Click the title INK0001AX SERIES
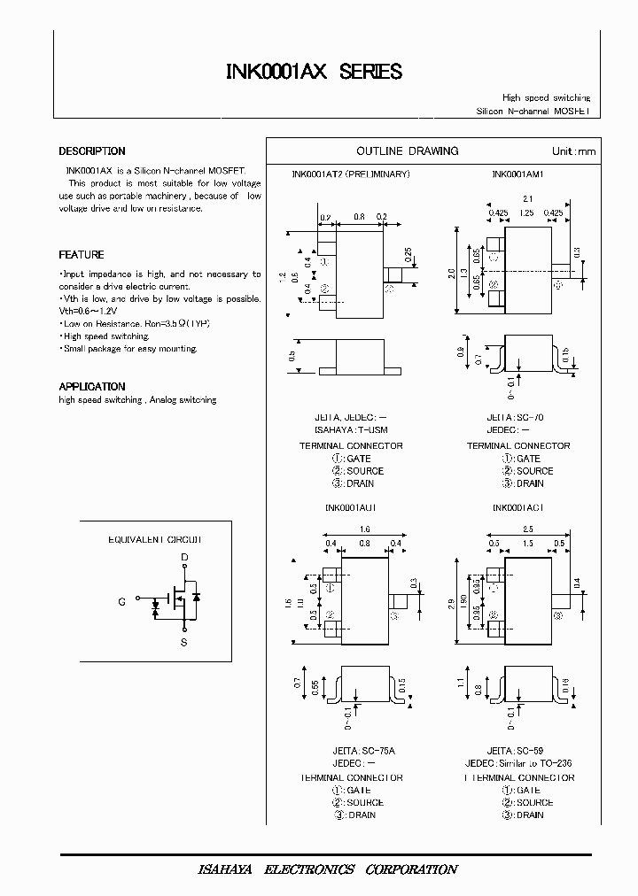(x=315, y=72)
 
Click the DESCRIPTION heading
(x=92, y=151)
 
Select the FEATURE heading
(x=82, y=255)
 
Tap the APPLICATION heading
(x=92, y=387)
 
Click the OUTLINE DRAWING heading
(x=407, y=151)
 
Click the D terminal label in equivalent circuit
(x=184, y=558)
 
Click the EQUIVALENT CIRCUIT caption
(x=155, y=539)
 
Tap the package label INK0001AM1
(x=517, y=174)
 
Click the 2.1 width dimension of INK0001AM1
(x=528, y=199)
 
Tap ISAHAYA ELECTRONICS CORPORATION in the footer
(x=327, y=869)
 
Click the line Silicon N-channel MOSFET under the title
(x=533, y=112)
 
